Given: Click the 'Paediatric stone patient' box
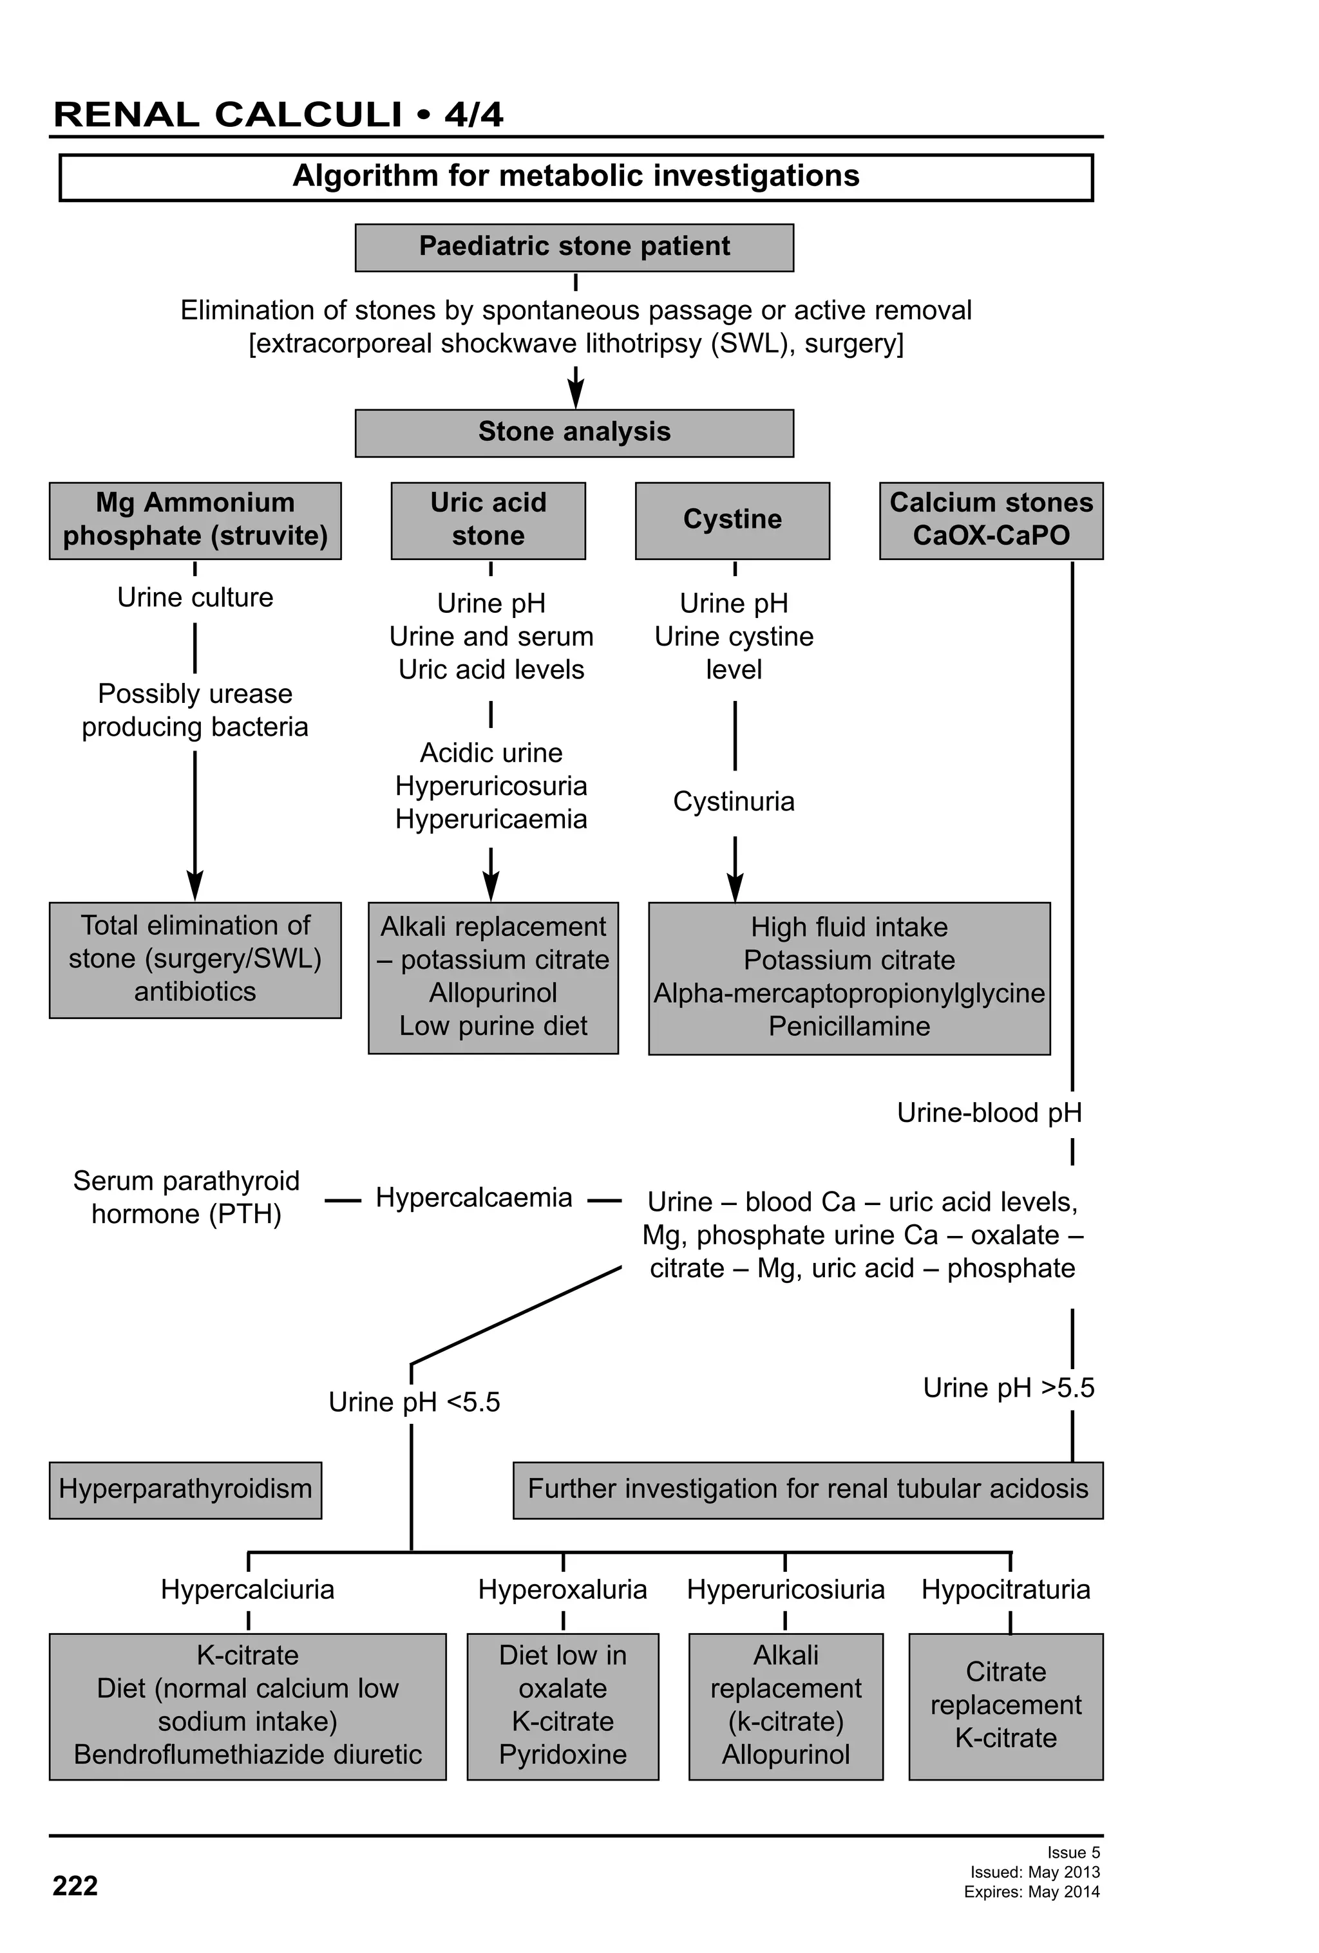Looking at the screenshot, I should point(574,247).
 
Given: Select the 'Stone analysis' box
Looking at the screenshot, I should point(574,433).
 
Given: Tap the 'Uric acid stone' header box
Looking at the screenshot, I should point(488,520).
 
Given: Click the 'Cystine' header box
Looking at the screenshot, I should point(732,520).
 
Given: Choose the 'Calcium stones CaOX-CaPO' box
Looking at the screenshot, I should point(991,520).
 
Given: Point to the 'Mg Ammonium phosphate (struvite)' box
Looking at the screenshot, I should point(195,520).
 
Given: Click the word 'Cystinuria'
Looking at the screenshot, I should point(733,801).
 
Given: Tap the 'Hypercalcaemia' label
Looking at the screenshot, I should point(473,1197).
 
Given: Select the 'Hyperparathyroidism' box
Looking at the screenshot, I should point(185,1489).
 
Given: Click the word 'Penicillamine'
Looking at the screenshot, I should point(849,1026).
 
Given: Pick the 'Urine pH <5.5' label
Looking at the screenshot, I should point(413,1402).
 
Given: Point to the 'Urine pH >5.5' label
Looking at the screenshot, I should point(1008,1387).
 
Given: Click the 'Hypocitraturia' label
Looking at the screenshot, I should point(1005,1589).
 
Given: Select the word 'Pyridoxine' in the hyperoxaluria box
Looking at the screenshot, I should point(562,1754).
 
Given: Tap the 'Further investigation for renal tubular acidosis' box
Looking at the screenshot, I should point(807,1489).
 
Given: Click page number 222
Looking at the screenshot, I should point(75,1886).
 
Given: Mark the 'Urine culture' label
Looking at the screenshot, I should point(195,597).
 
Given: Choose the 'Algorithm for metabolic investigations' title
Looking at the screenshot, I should point(576,176).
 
